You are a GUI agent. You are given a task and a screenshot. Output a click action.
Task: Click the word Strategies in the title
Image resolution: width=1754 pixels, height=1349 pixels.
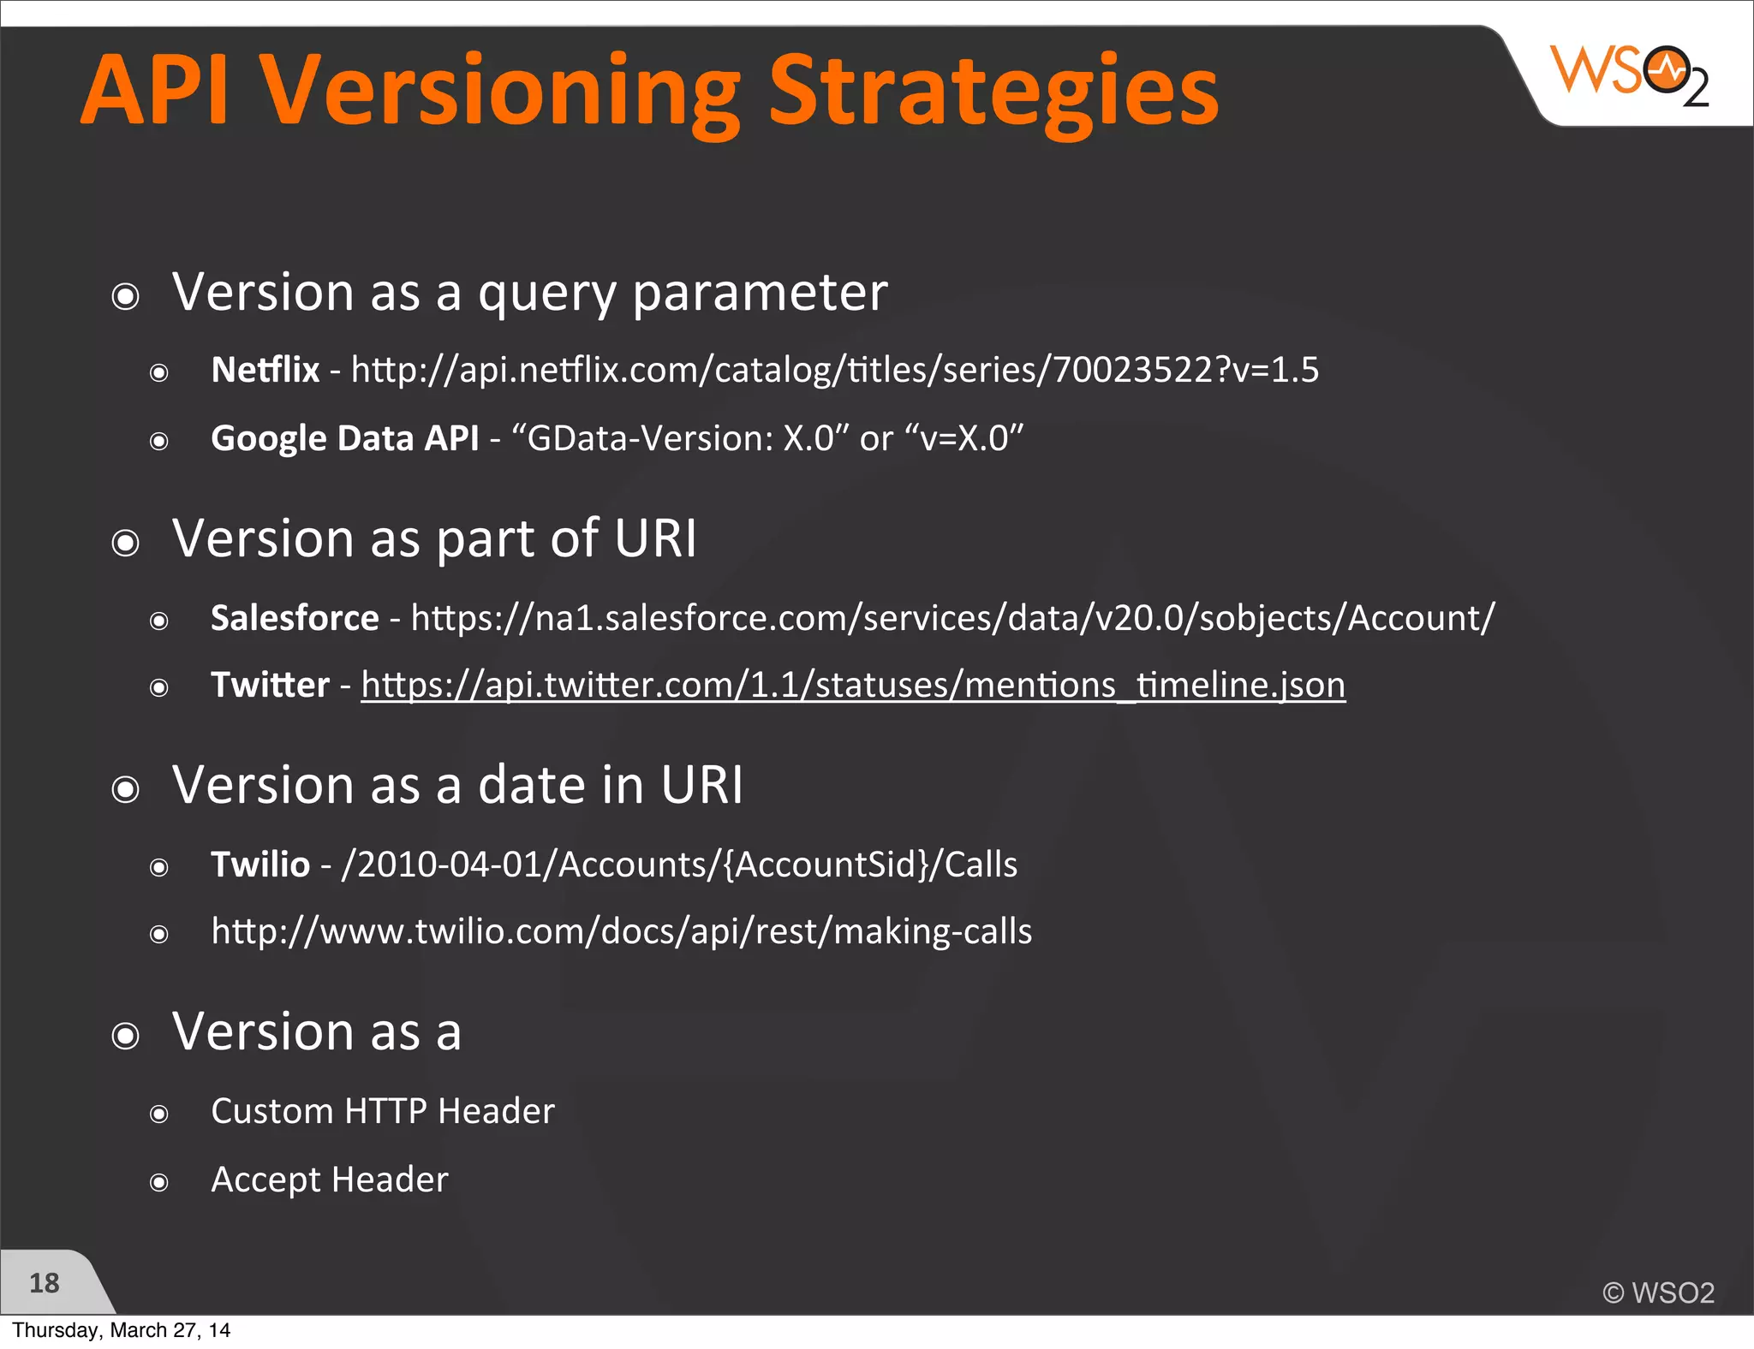pyautogui.click(x=993, y=92)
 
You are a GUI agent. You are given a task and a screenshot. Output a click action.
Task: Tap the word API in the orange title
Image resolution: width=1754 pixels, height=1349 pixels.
pyautogui.click(x=154, y=91)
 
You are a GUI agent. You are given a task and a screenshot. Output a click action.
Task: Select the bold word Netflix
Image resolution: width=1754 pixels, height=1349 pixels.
pyautogui.click(x=265, y=371)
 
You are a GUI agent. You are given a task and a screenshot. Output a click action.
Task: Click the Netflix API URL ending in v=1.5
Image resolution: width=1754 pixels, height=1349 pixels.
pyautogui.click(x=835, y=371)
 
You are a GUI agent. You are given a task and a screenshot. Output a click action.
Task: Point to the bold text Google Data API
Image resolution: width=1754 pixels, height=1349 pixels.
pyautogui.click(x=344, y=439)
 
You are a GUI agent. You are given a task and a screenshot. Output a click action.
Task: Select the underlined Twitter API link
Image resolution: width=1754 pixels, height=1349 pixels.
pyautogui.click(x=853, y=686)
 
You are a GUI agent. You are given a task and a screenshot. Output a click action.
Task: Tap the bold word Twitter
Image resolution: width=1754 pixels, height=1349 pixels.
pyautogui.click(x=270, y=686)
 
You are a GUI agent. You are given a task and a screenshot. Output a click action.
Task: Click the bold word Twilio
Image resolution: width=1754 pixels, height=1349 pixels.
pyautogui.click(x=260, y=865)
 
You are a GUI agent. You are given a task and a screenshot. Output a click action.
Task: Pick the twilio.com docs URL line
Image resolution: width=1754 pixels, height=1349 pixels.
pyautogui.click(x=622, y=932)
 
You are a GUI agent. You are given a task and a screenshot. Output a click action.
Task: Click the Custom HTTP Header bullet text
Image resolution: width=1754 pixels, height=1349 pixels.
pyautogui.click(x=383, y=1112)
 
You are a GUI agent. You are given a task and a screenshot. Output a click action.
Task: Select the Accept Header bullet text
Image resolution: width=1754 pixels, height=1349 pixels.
pyautogui.click(x=330, y=1180)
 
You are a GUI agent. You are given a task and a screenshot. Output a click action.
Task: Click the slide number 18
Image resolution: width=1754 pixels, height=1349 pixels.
pyautogui.click(x=45, y=1283)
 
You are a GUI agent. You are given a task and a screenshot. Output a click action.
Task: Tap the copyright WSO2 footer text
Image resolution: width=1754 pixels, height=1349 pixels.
pyautogui.click(x=1658, y=1293)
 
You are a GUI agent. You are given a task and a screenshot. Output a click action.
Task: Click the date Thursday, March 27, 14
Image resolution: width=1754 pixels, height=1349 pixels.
pyautogui.click(x=121, y=1330)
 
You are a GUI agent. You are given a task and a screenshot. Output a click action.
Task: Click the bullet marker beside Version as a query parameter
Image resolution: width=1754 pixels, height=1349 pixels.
pyautogui.click(x=126, y=297)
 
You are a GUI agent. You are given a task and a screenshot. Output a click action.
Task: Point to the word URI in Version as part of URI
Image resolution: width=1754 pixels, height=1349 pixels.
pyautogui.click(x=656, y=539)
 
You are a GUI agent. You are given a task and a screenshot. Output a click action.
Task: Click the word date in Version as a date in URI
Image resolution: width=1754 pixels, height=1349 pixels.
pyautogui.click(x=531, y=786)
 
